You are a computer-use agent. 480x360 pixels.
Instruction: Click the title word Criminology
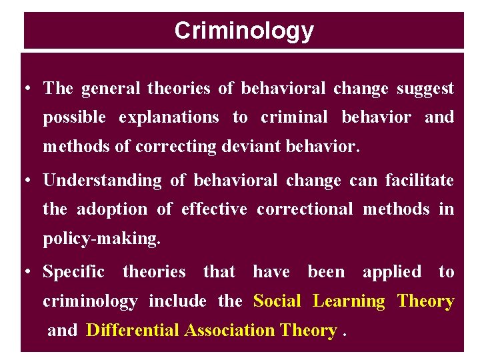[243, 31]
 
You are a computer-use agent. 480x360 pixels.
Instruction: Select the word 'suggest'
[425, 89]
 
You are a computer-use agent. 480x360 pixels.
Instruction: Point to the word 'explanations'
[169, 118]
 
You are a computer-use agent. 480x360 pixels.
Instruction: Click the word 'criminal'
[294, 118]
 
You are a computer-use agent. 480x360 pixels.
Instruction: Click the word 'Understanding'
[102, 181]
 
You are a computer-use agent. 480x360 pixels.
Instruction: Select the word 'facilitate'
[419, 181]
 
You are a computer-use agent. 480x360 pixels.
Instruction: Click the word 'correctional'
[305, 209]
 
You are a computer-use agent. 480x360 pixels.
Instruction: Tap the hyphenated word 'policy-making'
[101, 239]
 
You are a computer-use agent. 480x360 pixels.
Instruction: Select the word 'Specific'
[73, 272]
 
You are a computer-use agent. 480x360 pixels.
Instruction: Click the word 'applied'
[391, 272]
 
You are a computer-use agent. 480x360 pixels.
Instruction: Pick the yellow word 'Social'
[277, 301]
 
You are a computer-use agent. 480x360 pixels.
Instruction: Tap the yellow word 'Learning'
[349, 301]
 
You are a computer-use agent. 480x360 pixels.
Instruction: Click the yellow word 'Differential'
[133, 330]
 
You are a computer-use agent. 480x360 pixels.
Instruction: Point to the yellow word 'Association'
[229, 330]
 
